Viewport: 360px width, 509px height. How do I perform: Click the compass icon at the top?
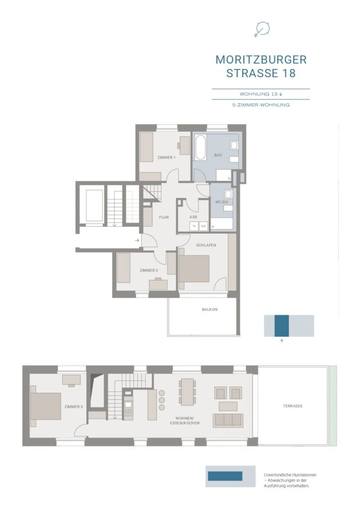[x=262, y=29]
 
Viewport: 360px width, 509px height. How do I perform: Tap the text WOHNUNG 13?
[x=259, y=94]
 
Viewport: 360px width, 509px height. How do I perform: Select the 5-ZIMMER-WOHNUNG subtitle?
[x=261, y=105]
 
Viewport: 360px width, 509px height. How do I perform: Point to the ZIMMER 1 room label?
[x=166, y=158]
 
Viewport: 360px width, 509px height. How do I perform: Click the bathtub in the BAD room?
[x=200, y=148]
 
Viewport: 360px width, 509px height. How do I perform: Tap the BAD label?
[x=218, y=155]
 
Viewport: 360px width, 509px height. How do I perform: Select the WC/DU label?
[x=222, y=202]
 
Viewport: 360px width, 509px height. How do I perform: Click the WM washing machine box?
[x=203, y=226]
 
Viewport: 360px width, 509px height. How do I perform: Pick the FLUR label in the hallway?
[x=164, y=217]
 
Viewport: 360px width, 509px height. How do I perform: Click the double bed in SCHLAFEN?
[x=194, y=268]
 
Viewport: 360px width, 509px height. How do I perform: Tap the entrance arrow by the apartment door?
[x=137, y=240]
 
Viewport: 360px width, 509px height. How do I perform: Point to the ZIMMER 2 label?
[x=149, y=270]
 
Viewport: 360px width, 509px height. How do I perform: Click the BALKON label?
[x=210, y=309]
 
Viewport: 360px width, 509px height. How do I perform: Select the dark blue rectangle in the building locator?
[x=281, y=326]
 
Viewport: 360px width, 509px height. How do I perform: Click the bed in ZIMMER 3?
[x=45, y=406]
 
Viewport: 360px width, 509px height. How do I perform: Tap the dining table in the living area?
[x=187, y=392]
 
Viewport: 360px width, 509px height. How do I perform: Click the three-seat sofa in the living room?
[x=228, y=420]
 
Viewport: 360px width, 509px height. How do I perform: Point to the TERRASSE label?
[x=292, y=406]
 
